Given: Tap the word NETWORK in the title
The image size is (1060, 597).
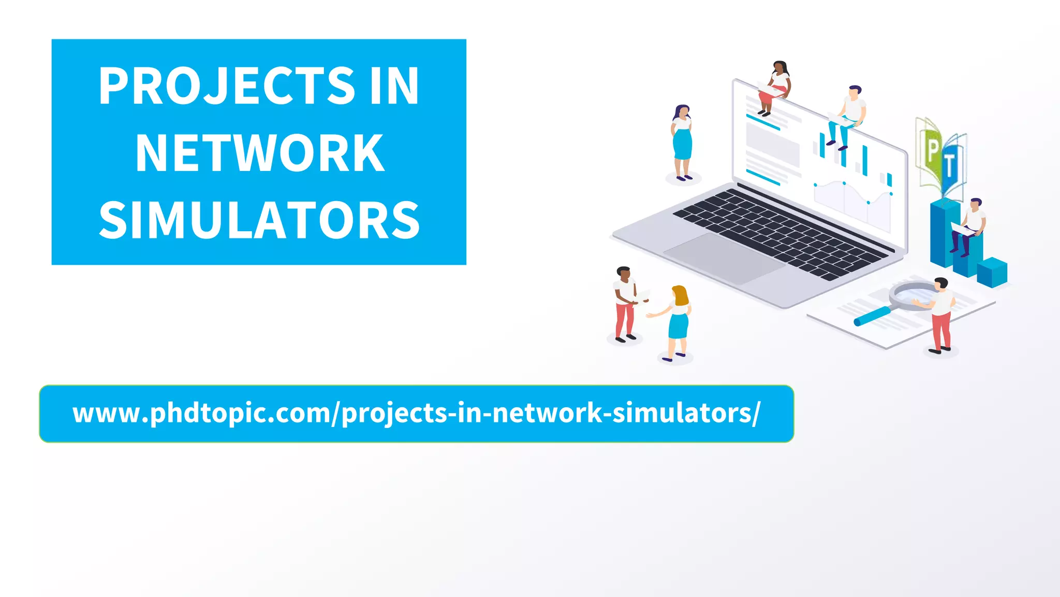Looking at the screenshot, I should click(x=259, y=153).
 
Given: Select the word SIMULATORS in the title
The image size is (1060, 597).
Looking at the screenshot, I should click(x=259, y=221).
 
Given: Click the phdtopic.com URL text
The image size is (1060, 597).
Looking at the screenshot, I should click(x=416, y=414).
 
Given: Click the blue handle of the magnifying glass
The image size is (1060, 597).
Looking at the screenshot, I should click(x=873, y=316).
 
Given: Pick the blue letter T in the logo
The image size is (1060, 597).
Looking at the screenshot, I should click(x=950, y=166).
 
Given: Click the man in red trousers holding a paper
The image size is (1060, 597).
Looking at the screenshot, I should click(x=625, y=304).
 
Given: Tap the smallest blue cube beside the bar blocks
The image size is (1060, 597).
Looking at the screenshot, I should click(x=992, y=272).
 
